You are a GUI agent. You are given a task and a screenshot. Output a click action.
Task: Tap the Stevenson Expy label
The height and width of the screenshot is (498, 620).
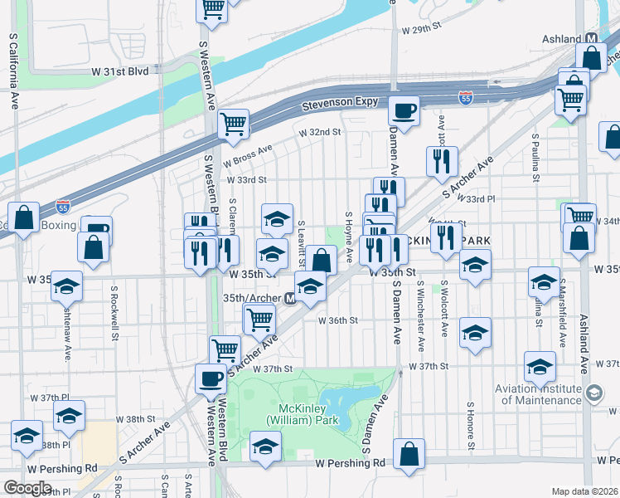tap(340, 103)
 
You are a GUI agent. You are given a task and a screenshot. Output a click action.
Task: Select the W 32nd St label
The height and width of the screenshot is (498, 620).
tap(321, 132)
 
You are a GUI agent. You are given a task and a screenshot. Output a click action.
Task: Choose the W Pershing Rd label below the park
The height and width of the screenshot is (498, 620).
tap(351, 462)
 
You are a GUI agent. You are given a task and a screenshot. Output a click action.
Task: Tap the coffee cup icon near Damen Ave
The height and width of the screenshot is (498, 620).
tap(404, 110)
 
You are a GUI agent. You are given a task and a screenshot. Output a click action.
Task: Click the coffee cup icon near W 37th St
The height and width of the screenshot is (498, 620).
tap(211, 379)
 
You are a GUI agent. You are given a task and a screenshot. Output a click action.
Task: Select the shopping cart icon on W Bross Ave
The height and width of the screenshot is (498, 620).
tap(234, 124)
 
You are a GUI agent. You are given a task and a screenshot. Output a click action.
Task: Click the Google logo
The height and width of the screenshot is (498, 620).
tap(27, 488)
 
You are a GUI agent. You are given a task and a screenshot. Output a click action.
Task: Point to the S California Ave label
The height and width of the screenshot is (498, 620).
tap(14, 71)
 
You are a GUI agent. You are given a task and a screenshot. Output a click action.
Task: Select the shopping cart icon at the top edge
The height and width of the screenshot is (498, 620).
tap(212, 8)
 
